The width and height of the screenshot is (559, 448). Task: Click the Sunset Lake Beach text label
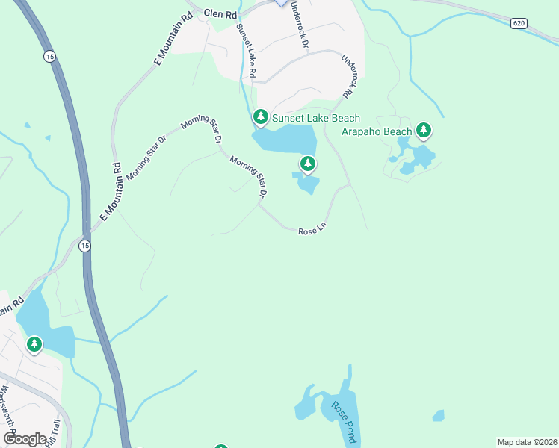(315, 118)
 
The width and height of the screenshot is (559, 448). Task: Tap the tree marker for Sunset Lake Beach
(260, 116)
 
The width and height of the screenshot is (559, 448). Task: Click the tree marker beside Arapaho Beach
(424, 130)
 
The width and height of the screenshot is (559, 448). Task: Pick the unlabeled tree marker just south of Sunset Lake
(307, 163)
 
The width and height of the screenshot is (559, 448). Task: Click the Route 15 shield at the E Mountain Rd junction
(85, 246)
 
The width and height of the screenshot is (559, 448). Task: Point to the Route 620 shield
(519, 24)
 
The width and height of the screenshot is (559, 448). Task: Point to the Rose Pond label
(344, 421)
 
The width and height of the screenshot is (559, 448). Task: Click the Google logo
(25, 439)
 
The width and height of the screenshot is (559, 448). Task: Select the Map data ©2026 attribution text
(527, 442)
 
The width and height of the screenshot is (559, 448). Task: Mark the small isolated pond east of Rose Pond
(438, 415)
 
